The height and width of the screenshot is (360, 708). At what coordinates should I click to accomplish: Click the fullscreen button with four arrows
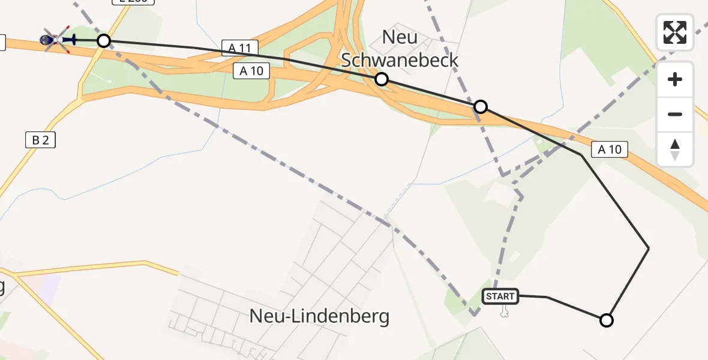pos(675,32)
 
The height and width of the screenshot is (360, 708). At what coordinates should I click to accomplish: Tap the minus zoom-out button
pos(675,114)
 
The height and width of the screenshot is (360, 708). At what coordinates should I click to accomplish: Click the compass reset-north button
pos(675,149)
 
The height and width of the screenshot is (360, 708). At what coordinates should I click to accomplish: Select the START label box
pos(500,296)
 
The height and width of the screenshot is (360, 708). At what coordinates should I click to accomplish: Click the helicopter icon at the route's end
pos(58,40)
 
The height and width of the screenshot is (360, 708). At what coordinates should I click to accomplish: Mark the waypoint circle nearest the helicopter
pos(104,41)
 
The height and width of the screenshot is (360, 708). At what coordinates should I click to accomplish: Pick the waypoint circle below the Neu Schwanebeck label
pos(381,79)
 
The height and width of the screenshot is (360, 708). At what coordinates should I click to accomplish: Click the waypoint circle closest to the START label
pos(607,320)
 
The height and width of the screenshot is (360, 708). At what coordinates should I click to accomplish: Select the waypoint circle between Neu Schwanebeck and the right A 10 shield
pos(480,107)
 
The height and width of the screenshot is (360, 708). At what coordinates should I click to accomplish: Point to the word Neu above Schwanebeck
pos(400,37)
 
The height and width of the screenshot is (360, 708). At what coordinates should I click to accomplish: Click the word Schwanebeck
pos(400,60)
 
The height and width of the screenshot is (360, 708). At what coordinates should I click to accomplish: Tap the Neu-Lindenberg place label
pos(319,316)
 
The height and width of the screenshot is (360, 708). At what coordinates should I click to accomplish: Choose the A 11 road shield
pos(239,48)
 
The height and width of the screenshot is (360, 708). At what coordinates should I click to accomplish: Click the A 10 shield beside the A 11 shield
pos(251,71)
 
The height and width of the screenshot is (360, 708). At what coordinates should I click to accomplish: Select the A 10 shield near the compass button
pos(610,149)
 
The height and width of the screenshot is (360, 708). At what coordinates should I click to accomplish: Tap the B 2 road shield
pos(40,140)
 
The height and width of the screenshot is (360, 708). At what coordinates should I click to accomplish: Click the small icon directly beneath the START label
pos(504,311)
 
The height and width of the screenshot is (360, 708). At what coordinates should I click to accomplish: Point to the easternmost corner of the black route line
pos(649,248)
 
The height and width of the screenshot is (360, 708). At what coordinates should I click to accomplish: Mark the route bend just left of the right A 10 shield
pos(580,155)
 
